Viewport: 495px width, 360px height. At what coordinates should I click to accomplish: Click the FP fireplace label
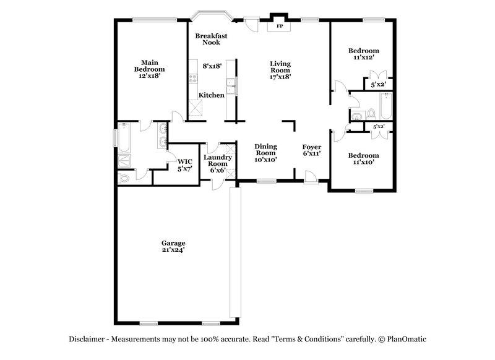[279, 27]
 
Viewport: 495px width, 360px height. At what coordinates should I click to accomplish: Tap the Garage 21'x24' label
[173, 246]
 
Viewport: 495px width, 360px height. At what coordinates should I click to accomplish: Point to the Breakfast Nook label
[211, 39]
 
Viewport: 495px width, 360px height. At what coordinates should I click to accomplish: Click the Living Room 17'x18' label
[280, 70]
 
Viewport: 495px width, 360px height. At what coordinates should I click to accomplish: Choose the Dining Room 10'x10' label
[266, 152]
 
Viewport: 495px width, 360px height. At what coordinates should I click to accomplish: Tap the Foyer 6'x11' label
[311, 150]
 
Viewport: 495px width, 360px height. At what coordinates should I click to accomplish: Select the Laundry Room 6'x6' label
[217, 163]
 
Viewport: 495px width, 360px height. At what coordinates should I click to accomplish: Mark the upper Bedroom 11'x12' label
[363, 54]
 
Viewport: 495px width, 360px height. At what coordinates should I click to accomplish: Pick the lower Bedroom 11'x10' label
[363, 158]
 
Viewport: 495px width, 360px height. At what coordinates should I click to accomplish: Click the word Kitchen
[211, 95]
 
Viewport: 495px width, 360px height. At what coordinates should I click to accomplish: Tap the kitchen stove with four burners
[193, 79]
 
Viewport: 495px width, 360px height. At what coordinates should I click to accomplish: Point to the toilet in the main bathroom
[124, 178]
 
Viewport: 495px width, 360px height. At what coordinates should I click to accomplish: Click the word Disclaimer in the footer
[88, 338]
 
